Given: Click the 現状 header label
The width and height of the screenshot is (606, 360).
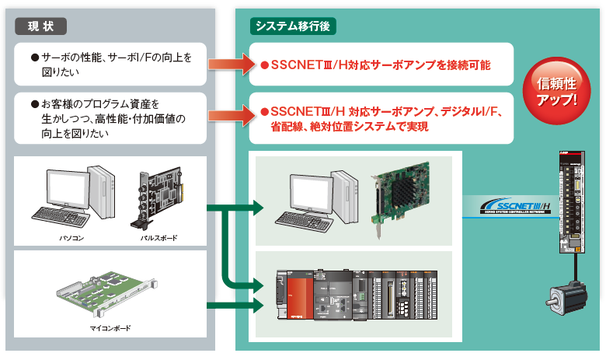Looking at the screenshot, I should (40, 26).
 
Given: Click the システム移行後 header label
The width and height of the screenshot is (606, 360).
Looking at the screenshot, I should (293, 26).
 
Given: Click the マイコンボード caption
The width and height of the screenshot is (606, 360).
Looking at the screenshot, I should (110, 328).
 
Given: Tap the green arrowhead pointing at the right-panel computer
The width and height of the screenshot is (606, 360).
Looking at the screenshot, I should (258, 208).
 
